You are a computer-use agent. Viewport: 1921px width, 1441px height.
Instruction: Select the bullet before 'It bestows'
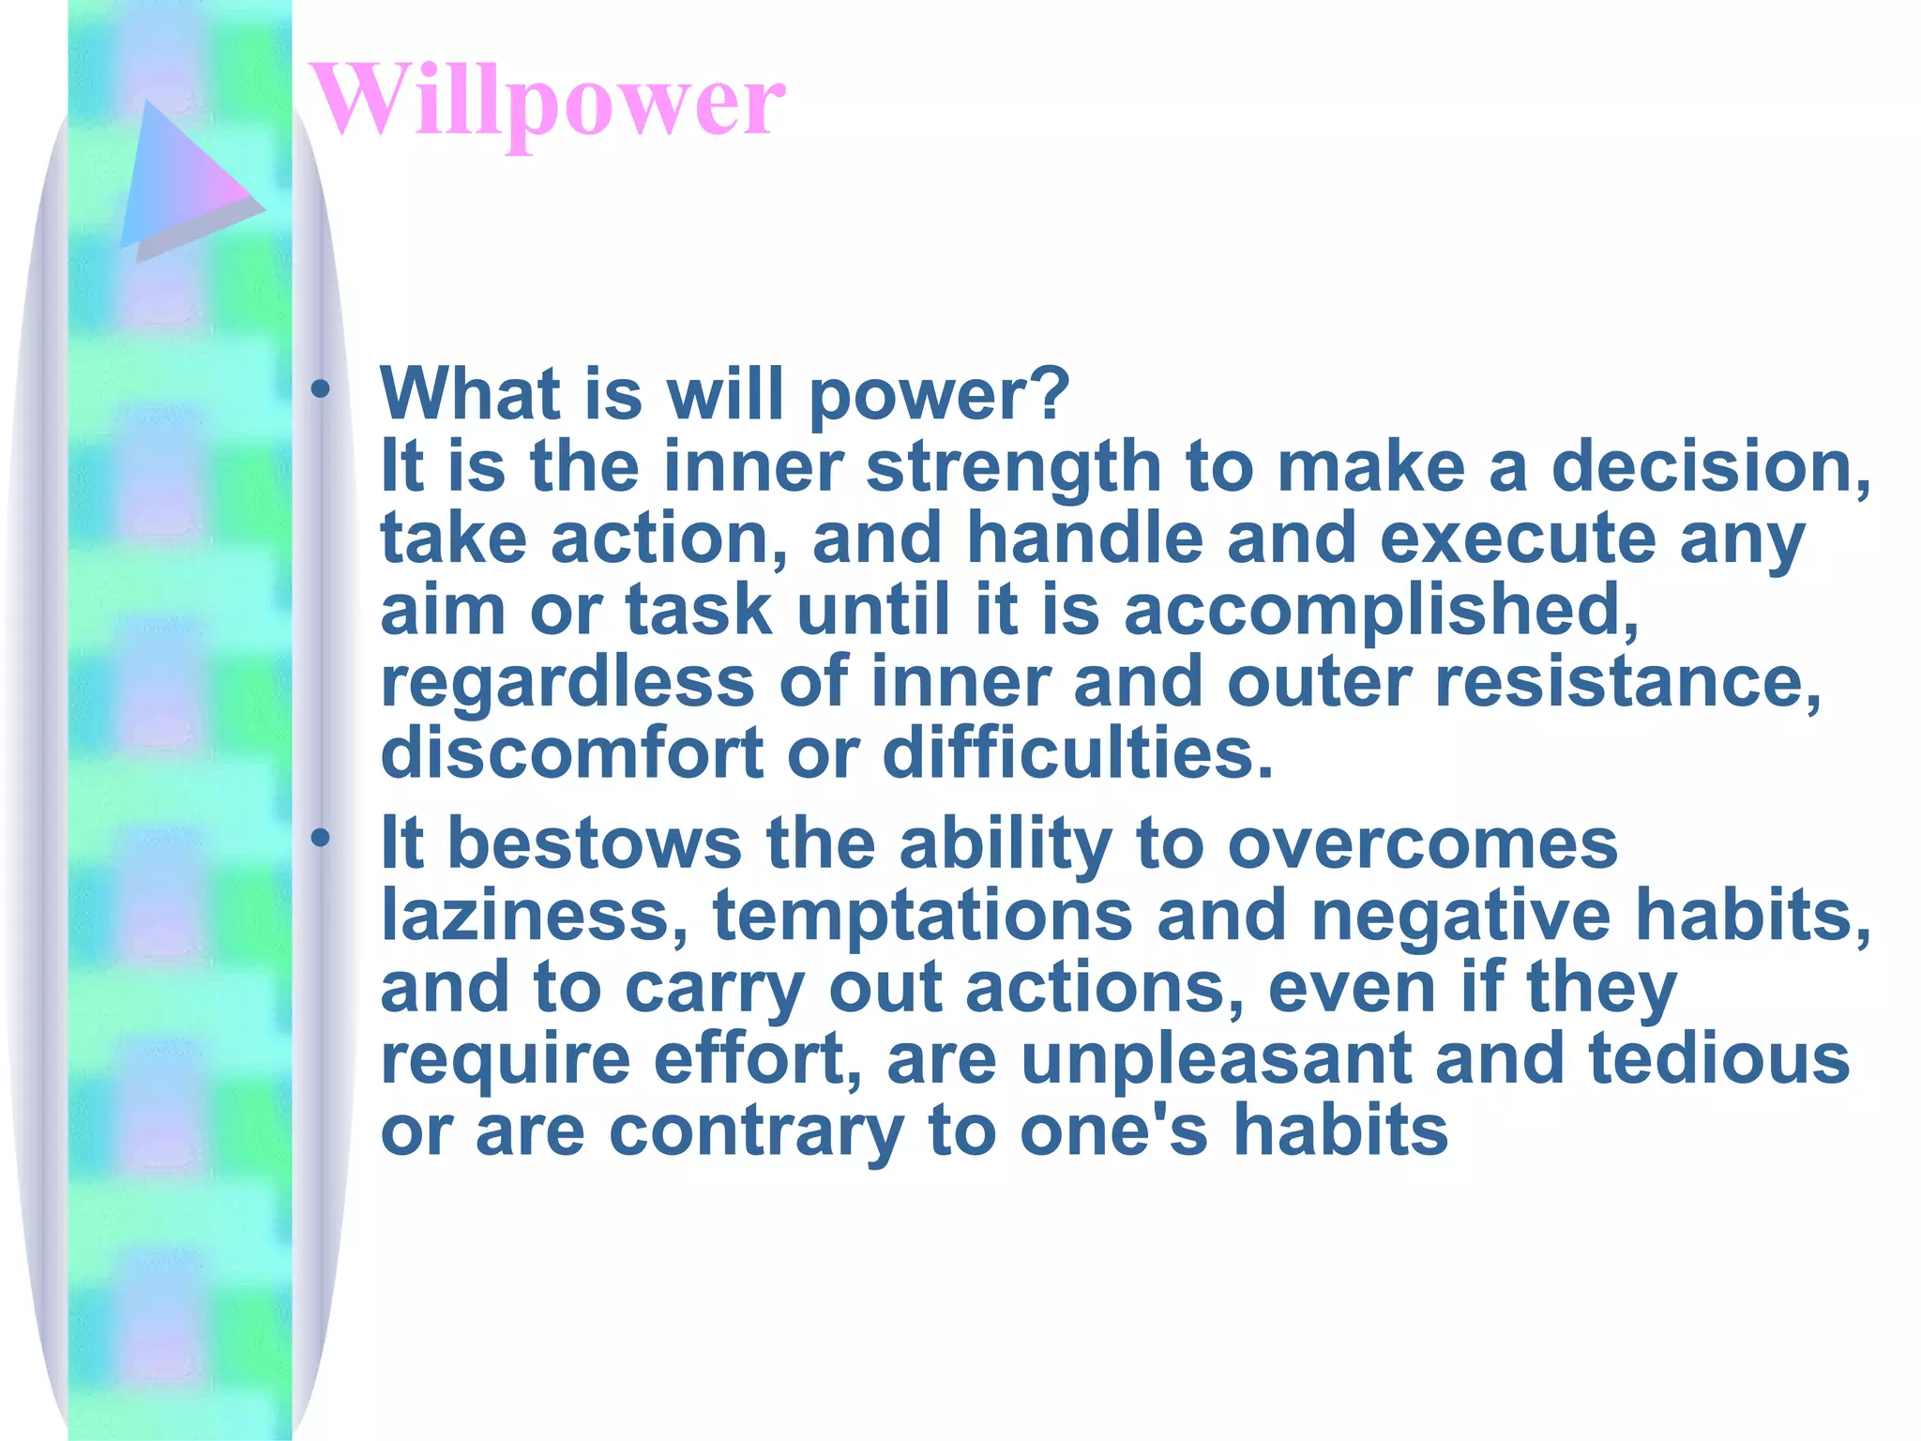pyautogui.click(x=321, y=838)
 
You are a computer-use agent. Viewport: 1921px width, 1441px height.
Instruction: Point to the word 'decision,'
pyautogui.click(x=1710, y=466)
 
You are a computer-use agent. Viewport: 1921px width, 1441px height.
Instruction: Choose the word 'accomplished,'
pyautogui.click(x=1380, y=611)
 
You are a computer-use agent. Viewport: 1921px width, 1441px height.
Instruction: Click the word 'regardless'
pyautogui.click(x=567, y=683)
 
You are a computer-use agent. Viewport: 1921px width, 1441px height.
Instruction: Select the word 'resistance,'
pyautogui.click(x=1627, y=683)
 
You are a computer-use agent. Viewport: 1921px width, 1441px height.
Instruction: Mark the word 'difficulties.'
pyautogui.click(x=1078, y=754)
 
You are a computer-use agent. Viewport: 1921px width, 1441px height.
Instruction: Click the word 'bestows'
pyautogui.click(x=595, y=843)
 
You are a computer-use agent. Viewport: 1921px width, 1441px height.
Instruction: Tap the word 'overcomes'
pyautogui.click(x=1422, y=843)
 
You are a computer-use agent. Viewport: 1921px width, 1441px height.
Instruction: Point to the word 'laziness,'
pyautogui.click(x=534, y=915)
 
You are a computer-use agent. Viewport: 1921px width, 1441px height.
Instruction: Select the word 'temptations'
pyautogui.click(x=922, y=917)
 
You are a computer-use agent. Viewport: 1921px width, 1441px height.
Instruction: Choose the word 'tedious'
pyautogui.click(x=1718, y=1058)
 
